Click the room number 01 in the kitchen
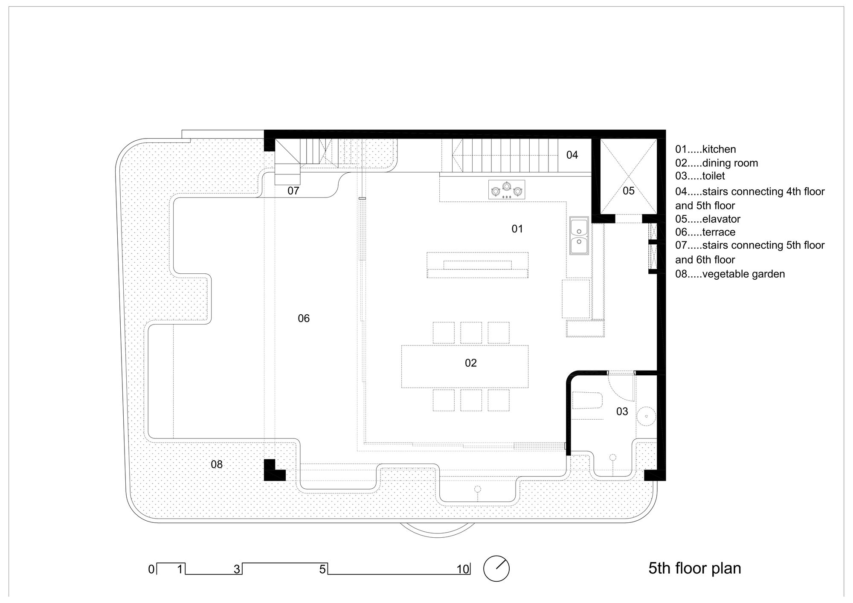517,229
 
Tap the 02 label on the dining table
470,363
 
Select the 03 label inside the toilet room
622,412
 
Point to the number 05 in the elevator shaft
629,191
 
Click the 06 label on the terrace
304,319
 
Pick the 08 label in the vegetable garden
217,464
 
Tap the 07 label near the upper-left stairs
293,191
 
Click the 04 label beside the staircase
572,155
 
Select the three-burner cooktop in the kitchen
507,189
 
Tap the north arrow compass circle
496,568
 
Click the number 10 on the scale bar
463,569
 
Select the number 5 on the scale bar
322,569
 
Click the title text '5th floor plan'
694,568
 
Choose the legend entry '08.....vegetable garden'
730,274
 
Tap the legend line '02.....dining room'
717,163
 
